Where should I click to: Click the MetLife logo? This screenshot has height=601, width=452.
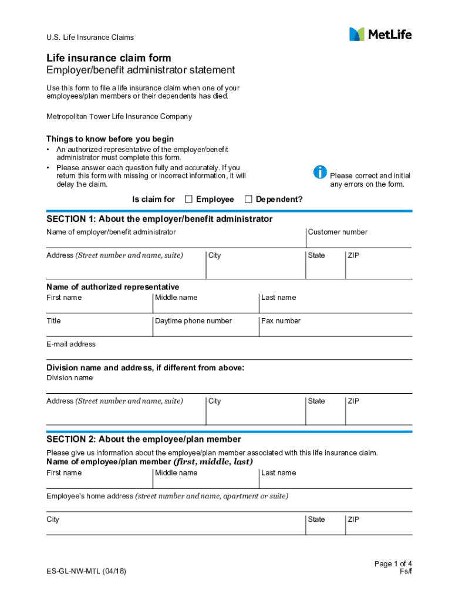pyautogui.click(x=380, y=35)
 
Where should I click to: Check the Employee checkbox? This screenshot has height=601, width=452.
pyautogui.click(x=188, y=199)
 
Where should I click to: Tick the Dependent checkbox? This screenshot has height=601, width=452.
pyautogui.click(x=248, y=199)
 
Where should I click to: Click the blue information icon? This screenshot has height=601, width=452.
pyautogui.click(x=320, y=172)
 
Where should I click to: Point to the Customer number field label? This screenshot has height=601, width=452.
pyautogui.click(x=338, y=232)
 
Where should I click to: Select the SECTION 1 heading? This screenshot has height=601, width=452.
pyautogui.click(x=159, y=219)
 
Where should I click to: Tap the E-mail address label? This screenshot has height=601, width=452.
pyautogui.click(x=71, y=344)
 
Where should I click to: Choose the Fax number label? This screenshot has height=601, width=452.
pyautogui.click(x=281, y=320)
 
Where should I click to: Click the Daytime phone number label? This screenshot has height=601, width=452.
pyautogui.click(x=193, y=320)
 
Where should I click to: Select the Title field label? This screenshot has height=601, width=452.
pyautogui.click(x=53, y=320)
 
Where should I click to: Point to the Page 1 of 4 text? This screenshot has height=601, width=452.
pyautogui.click(x=393, y=564)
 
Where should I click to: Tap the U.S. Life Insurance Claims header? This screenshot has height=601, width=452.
pyautogui.click(x=90, y=38)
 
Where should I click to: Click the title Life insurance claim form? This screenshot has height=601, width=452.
pyautogui.click(x=109, y=58)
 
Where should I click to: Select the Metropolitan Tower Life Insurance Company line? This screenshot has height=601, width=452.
pyautogui.click(x=119, y=116)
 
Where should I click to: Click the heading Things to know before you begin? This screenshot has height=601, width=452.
pyautogui.click(x=110, y=139)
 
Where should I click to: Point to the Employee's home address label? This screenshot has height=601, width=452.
pyautogui.click(x=90, y=496)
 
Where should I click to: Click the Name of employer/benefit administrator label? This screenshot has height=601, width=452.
pyautogui.click(x=111, y=232)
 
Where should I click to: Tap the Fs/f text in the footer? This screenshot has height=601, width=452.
pyautogui.click(x=406, y=572)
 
